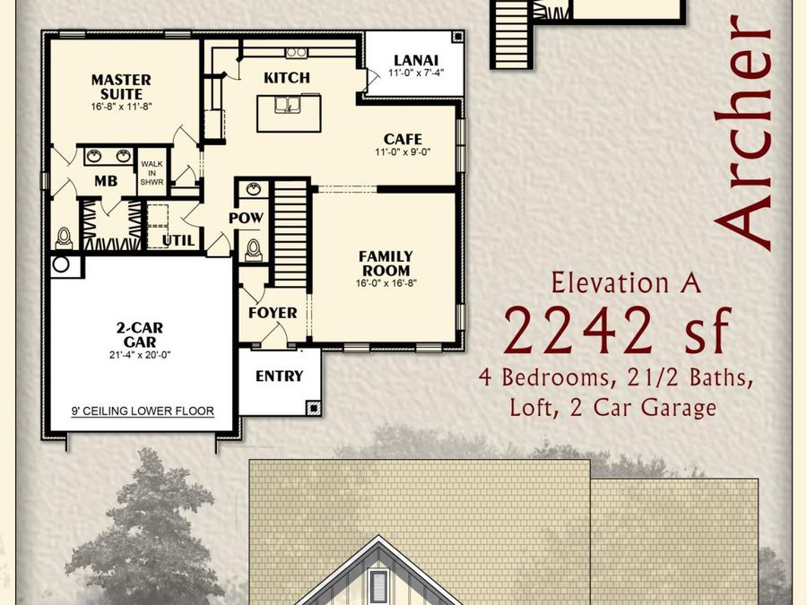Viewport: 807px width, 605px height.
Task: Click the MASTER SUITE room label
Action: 121,86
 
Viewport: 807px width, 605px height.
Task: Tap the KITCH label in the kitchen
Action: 287,78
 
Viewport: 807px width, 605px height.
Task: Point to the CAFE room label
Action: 403,139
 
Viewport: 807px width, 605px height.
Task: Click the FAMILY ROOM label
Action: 386,263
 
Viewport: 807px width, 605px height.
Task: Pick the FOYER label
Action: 273,313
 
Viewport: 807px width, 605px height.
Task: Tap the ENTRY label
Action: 279,376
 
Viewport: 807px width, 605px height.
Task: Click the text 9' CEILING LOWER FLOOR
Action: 143,411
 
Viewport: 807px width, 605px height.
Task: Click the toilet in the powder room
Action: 253,248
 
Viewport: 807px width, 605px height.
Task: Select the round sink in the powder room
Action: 253,190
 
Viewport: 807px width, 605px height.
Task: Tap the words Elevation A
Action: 627,283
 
